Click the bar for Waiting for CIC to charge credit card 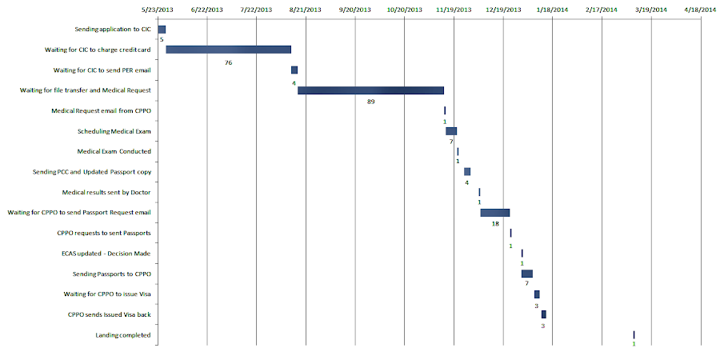tap(228, 50)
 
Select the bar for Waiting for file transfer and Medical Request tap(370, 90)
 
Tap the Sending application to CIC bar tap(162, 30)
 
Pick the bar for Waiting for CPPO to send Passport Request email tap(494, 213)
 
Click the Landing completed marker tap(634, 334)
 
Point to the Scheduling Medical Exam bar tap(451, 131)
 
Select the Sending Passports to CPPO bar tap(526, 274)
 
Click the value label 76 tap(229, 62)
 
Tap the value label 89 tap(370, 102)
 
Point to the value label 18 tap(495, 225)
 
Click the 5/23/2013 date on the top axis tap(158, 10)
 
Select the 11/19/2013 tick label tap(454, 10)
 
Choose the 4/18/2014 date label tap(702, 10)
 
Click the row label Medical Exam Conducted tap(114, 151)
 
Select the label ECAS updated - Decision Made tap(106, 254)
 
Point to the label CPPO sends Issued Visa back tap(110, 314)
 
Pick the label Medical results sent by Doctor tap(106, 192)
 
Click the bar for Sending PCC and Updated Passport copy tap(467, 172)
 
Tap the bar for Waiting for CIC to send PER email tap(294, 70)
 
